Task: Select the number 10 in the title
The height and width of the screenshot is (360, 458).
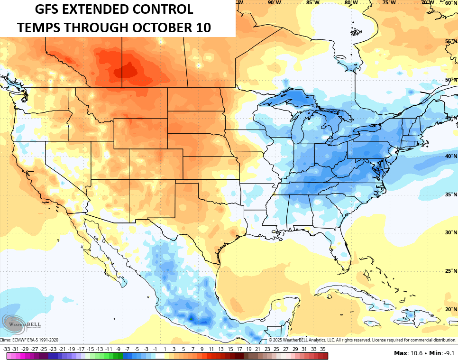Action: point(202,28)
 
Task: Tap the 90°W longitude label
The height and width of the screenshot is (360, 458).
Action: point(274,2)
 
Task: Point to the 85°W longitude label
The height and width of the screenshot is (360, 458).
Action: point(312,2)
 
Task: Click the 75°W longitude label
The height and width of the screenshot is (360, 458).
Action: point(389,2)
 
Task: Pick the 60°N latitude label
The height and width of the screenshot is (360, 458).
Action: point(451,3)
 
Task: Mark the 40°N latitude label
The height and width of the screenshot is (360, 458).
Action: point(451,156)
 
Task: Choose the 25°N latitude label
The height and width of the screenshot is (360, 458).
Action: point(451,271)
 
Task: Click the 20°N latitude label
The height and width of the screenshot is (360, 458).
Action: point(451,309)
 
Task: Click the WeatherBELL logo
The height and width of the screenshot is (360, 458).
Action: point(22,323)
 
